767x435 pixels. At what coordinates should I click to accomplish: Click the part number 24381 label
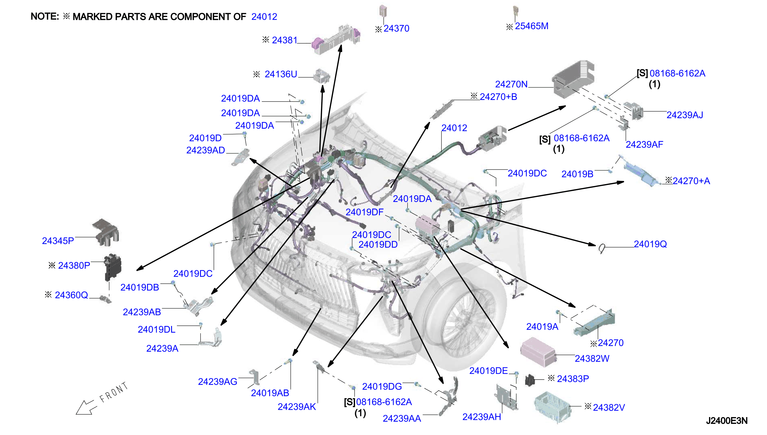(x=284, y=40)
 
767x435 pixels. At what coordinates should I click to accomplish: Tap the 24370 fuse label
(x=396, y=28)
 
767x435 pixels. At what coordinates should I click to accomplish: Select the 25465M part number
(x=532, y=26)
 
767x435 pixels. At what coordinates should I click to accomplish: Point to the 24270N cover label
(x=511, y=84)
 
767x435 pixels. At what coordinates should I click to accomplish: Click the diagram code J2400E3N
(x=726, y=421)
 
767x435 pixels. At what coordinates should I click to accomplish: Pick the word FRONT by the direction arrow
(x=114, y=392)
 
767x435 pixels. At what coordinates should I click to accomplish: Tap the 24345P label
(x=58, y=241)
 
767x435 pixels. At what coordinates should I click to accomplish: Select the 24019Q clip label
(x=650, y=244)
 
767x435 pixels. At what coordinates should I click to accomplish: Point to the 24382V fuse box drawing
(x=552, y=407)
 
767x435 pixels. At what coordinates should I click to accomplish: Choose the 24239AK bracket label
(x=297, y=407)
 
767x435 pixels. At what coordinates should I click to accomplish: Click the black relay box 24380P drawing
(x=113, y=267)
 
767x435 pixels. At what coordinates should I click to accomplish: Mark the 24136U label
(x=281, y=74)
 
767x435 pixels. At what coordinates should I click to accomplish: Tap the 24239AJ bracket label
(x=685, y=115)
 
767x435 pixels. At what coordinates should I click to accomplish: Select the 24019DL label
(x=156, y=329)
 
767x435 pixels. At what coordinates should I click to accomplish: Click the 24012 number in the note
(x=264, y=17)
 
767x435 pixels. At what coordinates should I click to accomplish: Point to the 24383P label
(x=573, y=379)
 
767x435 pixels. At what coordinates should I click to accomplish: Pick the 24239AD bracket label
(x=206, y=150)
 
